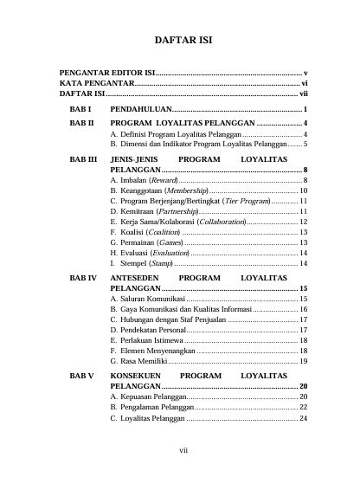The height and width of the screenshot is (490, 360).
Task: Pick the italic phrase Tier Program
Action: tap(247, 201)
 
